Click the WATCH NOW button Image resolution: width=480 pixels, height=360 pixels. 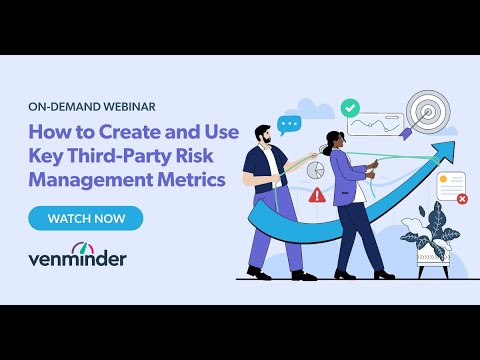85,218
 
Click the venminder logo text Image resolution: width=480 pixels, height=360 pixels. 77,259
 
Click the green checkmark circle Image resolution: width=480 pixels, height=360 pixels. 350,106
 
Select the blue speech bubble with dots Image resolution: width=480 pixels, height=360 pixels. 289,125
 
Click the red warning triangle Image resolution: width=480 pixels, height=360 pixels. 317,196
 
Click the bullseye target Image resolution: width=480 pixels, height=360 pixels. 427,113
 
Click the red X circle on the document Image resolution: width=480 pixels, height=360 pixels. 462,199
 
